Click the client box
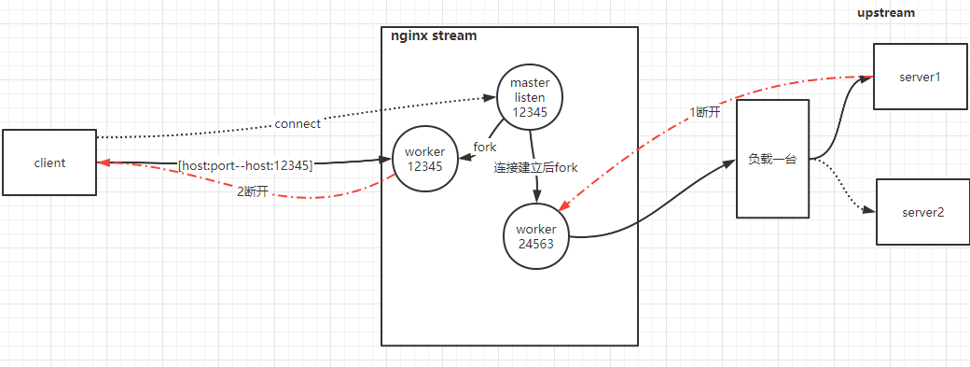coord(49,162)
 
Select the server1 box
coord(920,77)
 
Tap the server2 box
coord(922,213)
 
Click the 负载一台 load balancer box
coord(772,159)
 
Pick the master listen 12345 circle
coord(530,97)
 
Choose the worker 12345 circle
coord(424,159)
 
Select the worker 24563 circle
coord(535,236)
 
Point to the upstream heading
coord(886,13)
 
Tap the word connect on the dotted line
coord(298,123)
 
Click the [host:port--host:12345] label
coord(244,165)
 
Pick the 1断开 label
coord(705,111)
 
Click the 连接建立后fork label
coord(535,167)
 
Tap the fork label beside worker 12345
coord(485,148)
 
